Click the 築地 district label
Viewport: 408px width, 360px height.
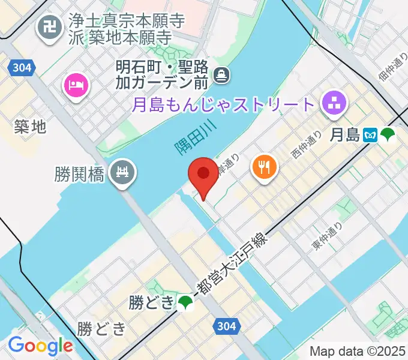pyautogui.click(x=30, y=126)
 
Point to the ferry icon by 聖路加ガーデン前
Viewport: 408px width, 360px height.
pyautogui.click(x=223, y=74)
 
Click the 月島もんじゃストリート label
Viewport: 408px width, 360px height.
pyautogui.click(x=223, y=103)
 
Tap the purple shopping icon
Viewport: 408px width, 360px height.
pyautogui.click(x=334, y=103)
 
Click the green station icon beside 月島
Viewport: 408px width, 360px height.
pyautogui.click(x=388, y=135)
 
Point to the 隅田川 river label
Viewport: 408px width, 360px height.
pyautogui.click(x=192, y=140)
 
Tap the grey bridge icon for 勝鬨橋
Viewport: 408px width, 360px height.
pyautogui.click(x=124, y=174)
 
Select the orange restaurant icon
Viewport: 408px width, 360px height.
pyautogui.click(x=264, y=165)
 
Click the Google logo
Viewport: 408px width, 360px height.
pyautogui.click(x=40, y=345)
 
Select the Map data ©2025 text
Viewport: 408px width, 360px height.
pyautogui.click(x=356, y=350)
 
